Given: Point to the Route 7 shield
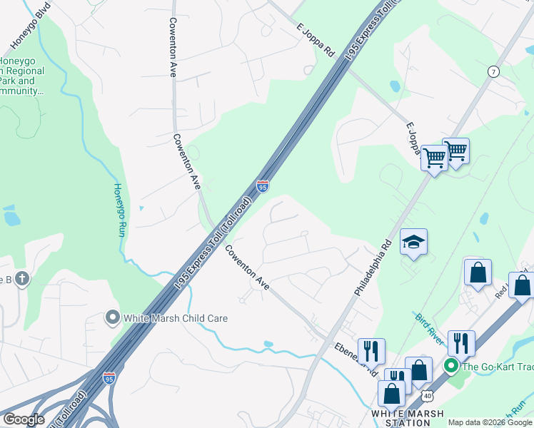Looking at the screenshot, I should pos(493,71).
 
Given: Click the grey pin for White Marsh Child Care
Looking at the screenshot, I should pos(111,317).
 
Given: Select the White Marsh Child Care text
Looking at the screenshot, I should pos(175,318).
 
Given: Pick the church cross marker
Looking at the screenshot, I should pos(21,279).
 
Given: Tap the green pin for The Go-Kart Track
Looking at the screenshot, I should pos(450,367).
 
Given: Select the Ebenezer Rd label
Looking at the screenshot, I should pos(356,357).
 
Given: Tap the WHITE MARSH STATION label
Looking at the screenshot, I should pos(408,418).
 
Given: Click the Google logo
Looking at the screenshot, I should pos(24,419).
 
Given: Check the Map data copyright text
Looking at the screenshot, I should pos(489,423).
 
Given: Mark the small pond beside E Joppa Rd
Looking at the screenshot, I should pos(395,86).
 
